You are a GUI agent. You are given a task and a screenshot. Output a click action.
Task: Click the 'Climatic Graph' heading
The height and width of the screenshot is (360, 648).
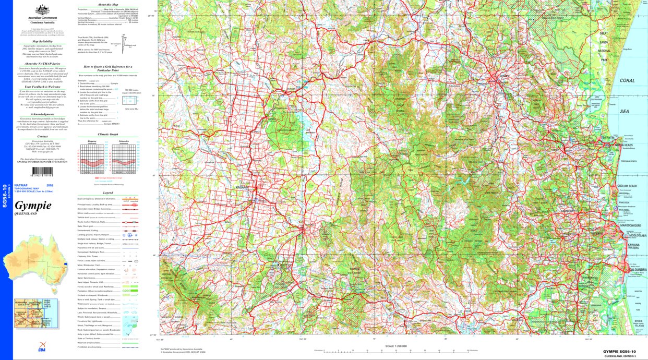pyautogui.click(x=107, y=135)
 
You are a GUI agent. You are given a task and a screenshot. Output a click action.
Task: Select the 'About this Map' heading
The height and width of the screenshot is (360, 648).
pyautogui.click(x=107, y=4)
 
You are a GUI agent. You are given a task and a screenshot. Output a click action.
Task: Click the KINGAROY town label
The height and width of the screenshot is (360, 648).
pyautogui.click(x=241, y=186)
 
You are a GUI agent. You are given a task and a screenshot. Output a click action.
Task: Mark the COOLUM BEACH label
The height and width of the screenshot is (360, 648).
pyautogui.click(x=628, y=186)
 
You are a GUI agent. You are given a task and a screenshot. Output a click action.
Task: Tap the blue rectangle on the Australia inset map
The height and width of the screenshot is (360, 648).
pyautogui.click(x=65, y=264)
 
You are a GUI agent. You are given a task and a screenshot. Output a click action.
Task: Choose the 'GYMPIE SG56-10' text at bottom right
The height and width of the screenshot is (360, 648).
pyautogui.click(x=619, y=352)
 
